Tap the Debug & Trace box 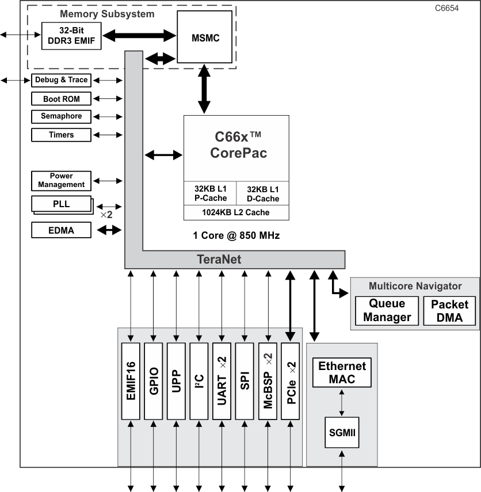tap(61, 80)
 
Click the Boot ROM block tap(61, 99)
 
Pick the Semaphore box tap(61, 116)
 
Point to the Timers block tap(61, 135)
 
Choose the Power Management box tap(61, 181)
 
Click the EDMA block tap(61, 230)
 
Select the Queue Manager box tap(387, 310)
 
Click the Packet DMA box tap(449, 310)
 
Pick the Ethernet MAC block tap(342, 372)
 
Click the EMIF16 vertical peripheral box tap(131, 381)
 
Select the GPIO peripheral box tap(154, 381)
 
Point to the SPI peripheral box tap(245, 381)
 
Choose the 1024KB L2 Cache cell tap(236, 212)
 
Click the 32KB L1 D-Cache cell tap(262, 194)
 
